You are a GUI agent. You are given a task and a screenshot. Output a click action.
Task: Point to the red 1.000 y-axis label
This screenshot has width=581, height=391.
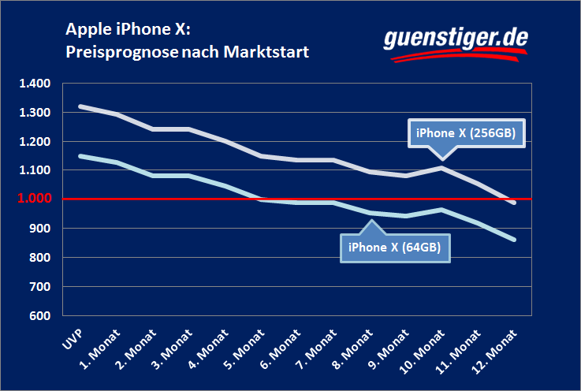point(34,199)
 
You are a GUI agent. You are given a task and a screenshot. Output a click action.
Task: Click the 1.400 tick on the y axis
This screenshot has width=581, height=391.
point(34,84)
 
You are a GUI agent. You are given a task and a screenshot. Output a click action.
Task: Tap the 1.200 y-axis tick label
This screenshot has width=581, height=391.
point(34,142)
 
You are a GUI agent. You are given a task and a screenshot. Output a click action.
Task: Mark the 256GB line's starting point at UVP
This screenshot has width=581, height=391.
point(80,106)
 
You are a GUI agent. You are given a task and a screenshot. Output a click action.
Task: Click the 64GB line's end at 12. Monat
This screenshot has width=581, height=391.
point(514,239)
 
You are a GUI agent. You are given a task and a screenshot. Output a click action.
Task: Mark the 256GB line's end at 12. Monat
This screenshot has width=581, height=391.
point(514,203)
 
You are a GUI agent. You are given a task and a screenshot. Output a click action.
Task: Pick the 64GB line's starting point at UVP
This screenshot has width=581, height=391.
point(80,156)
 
